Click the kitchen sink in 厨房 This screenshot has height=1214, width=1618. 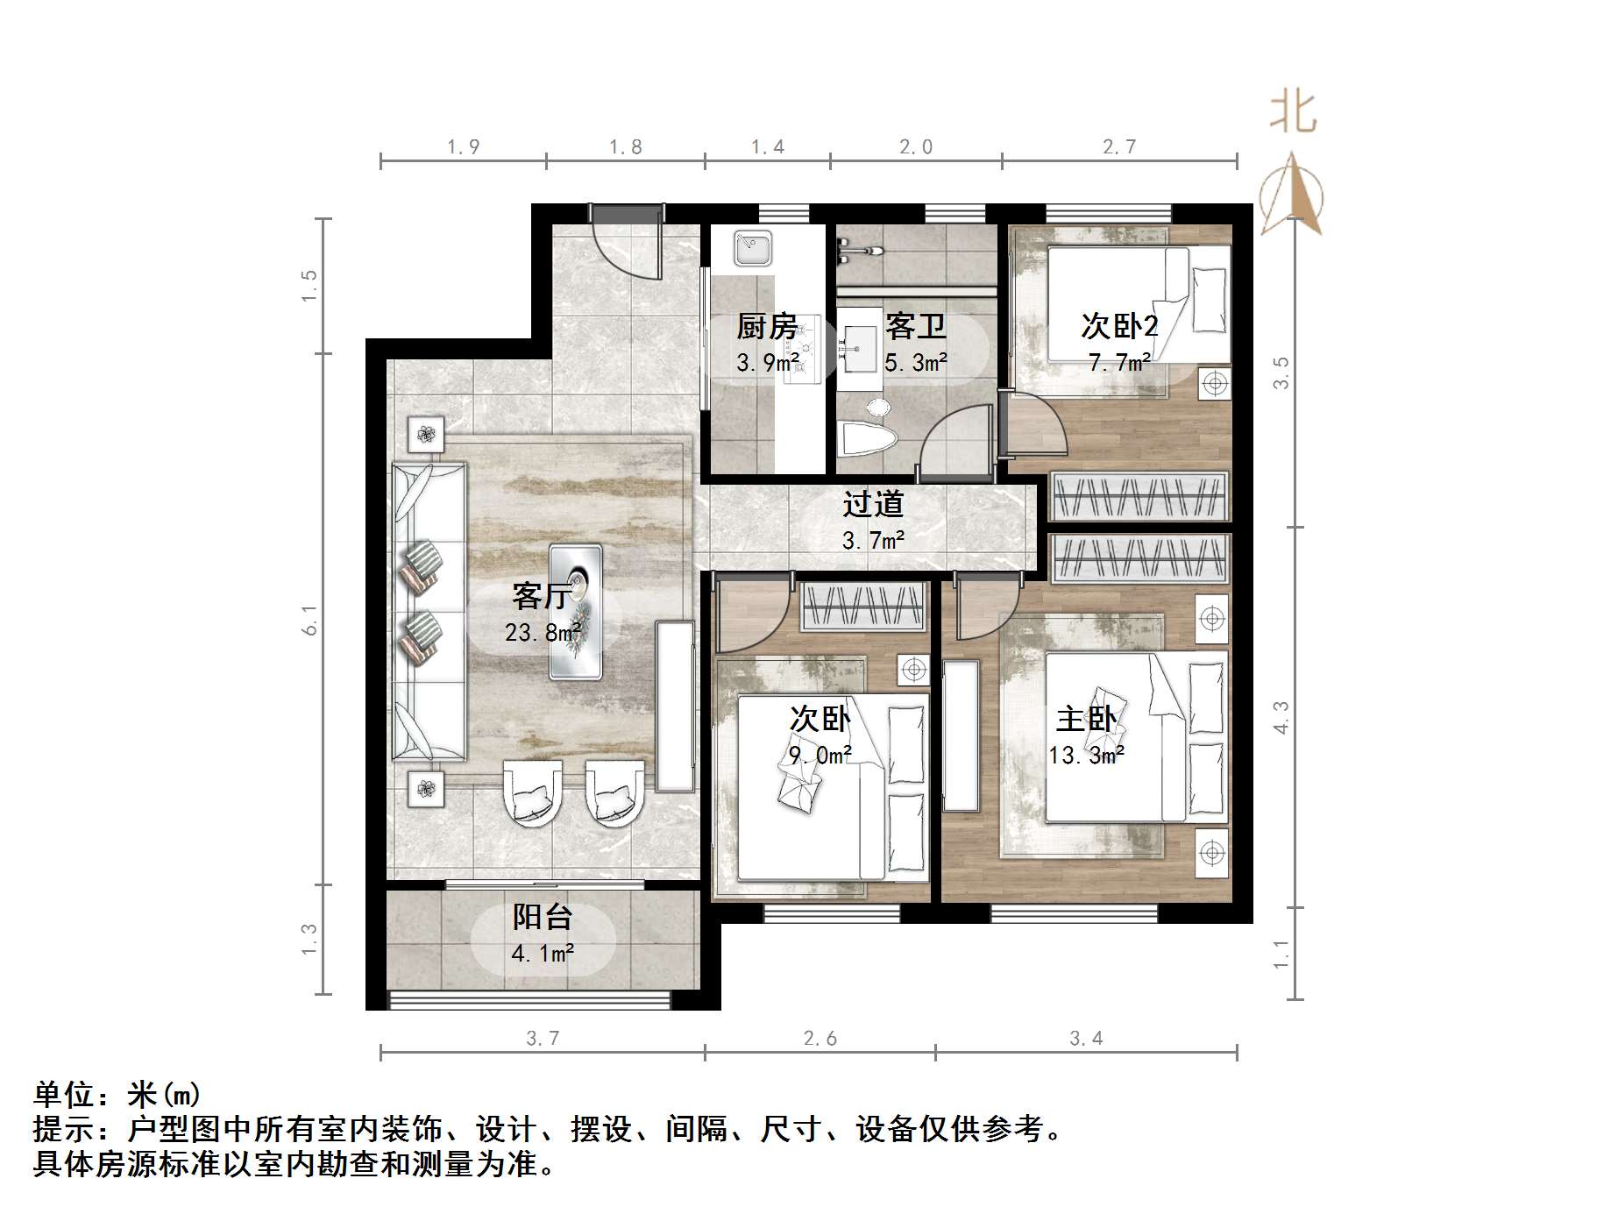pos(753,248)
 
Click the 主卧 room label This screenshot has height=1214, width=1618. pos(1086,720)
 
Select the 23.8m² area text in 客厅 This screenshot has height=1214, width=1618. pos(543,632)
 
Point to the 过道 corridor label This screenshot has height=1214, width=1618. pos(873,504)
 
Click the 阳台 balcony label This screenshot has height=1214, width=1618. pos(543,918)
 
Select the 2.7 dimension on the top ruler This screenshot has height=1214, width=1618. pos(1119,147)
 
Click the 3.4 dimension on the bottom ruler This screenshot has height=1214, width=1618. pos(1086,1039)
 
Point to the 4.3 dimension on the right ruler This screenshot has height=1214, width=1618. pos(1281,717)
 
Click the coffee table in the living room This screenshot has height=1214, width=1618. pos(576,611)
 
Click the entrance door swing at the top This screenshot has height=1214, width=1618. pos(627,245)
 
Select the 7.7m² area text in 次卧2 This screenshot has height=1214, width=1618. pos(1119,362)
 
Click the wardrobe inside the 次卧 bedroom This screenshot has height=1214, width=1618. pos(863,606)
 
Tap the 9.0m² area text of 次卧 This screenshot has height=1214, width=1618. pos(820,755)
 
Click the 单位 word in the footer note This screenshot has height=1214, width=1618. pos(62,1095)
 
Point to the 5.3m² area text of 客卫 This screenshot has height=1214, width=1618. pos(916,362)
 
